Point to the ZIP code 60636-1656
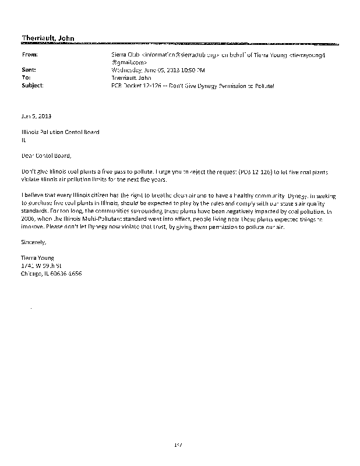[68, 273]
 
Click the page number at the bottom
[179, 445]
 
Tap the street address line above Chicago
[41, 265]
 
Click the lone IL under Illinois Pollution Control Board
[23, 139]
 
